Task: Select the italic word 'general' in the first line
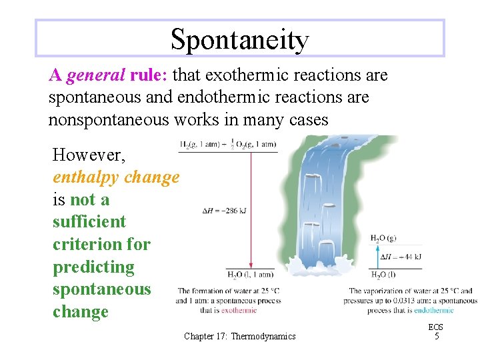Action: pos(93,75)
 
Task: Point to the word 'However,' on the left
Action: pos(85,155)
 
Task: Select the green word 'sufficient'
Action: pos(89,221)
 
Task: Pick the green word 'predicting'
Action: pos(93,267)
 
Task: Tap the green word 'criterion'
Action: pos(82,244)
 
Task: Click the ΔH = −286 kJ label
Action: pos(224,211)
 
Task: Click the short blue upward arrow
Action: pos(377,256)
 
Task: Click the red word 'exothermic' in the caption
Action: pos(239,310)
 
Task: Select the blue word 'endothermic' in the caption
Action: pos(433,310)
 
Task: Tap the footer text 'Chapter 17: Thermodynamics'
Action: pos(239,337)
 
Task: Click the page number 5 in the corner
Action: pos(436,337)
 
